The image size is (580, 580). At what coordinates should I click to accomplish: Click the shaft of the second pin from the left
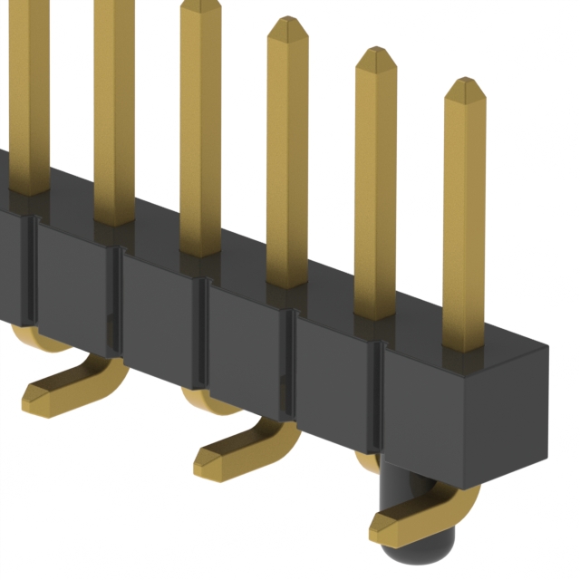click(113, 109)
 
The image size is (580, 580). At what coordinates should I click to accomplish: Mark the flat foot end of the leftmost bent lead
click(38, 394)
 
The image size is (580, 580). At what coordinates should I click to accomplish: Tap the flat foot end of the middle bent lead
click(210, 464)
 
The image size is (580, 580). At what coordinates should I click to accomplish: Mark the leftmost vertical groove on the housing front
click(34, 272)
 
